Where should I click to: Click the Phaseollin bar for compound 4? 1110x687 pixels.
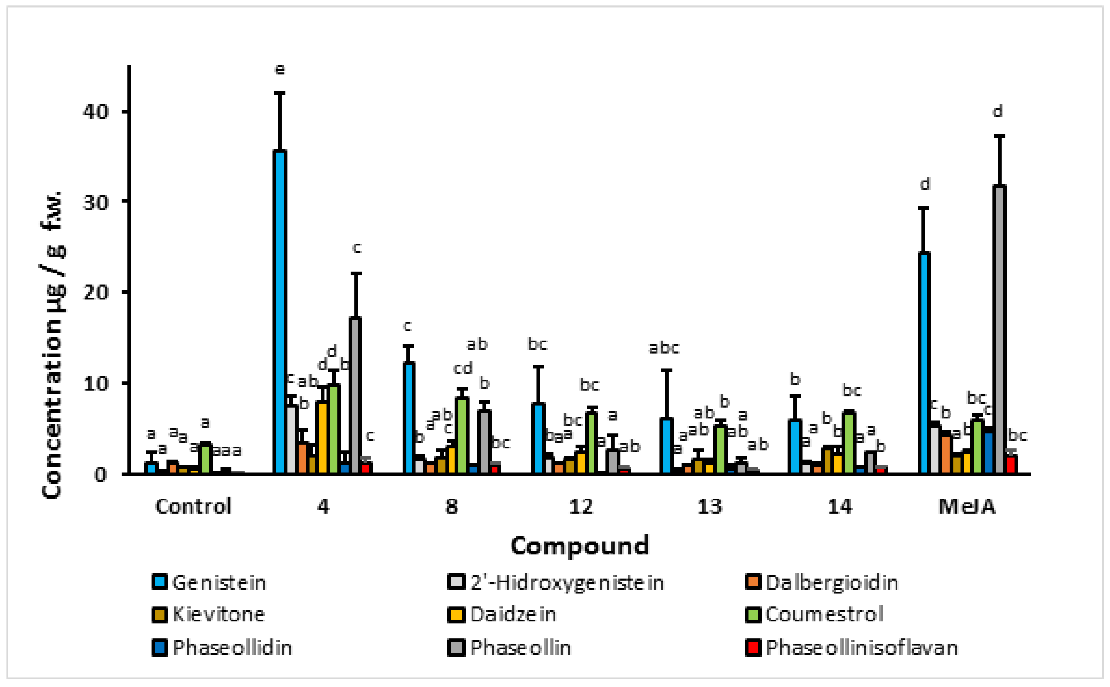(x=355, y=396)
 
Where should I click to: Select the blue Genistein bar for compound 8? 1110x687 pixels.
(x=409, y=418)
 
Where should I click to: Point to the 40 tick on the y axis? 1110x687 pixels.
(x=96, y=111)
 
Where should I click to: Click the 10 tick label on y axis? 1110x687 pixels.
(x=96, y=383)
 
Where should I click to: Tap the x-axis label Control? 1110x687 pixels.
(x=193, y=506)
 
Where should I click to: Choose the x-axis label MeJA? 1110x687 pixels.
(x=967, y=506)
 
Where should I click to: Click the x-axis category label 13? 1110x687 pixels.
(x=709, y=506)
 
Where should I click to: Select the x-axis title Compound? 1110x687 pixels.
(x=580, y=546)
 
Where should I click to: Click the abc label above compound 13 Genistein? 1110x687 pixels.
(x=664, y=348)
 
